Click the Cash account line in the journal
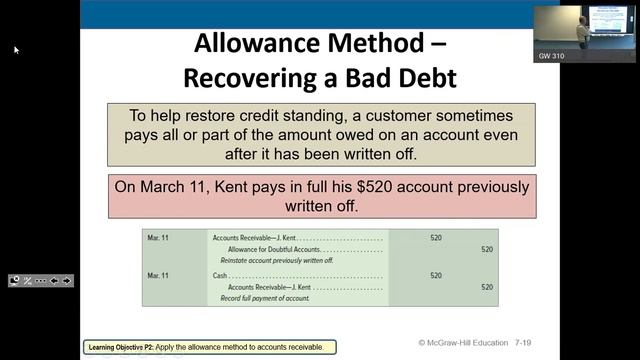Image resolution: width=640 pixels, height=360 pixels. pos(219,275)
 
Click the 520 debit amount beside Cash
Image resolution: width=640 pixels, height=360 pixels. pos(436,275)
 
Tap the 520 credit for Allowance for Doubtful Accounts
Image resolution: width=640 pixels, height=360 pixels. pos(487,249)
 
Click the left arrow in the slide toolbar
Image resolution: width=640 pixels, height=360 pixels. pos(54,281)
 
